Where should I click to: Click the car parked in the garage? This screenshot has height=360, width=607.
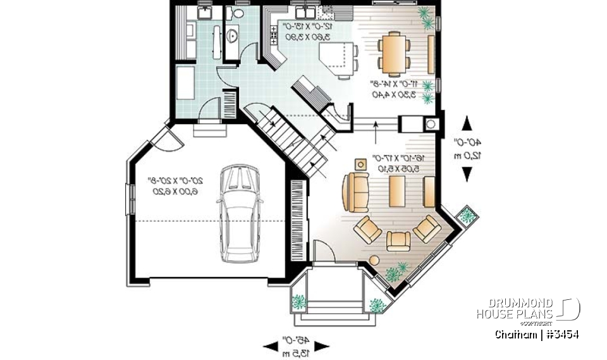point(240,214)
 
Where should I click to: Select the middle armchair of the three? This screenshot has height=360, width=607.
point(398,240)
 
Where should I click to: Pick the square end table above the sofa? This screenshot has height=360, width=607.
point(360,164)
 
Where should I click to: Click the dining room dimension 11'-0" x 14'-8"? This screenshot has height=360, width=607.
point(395,89)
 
